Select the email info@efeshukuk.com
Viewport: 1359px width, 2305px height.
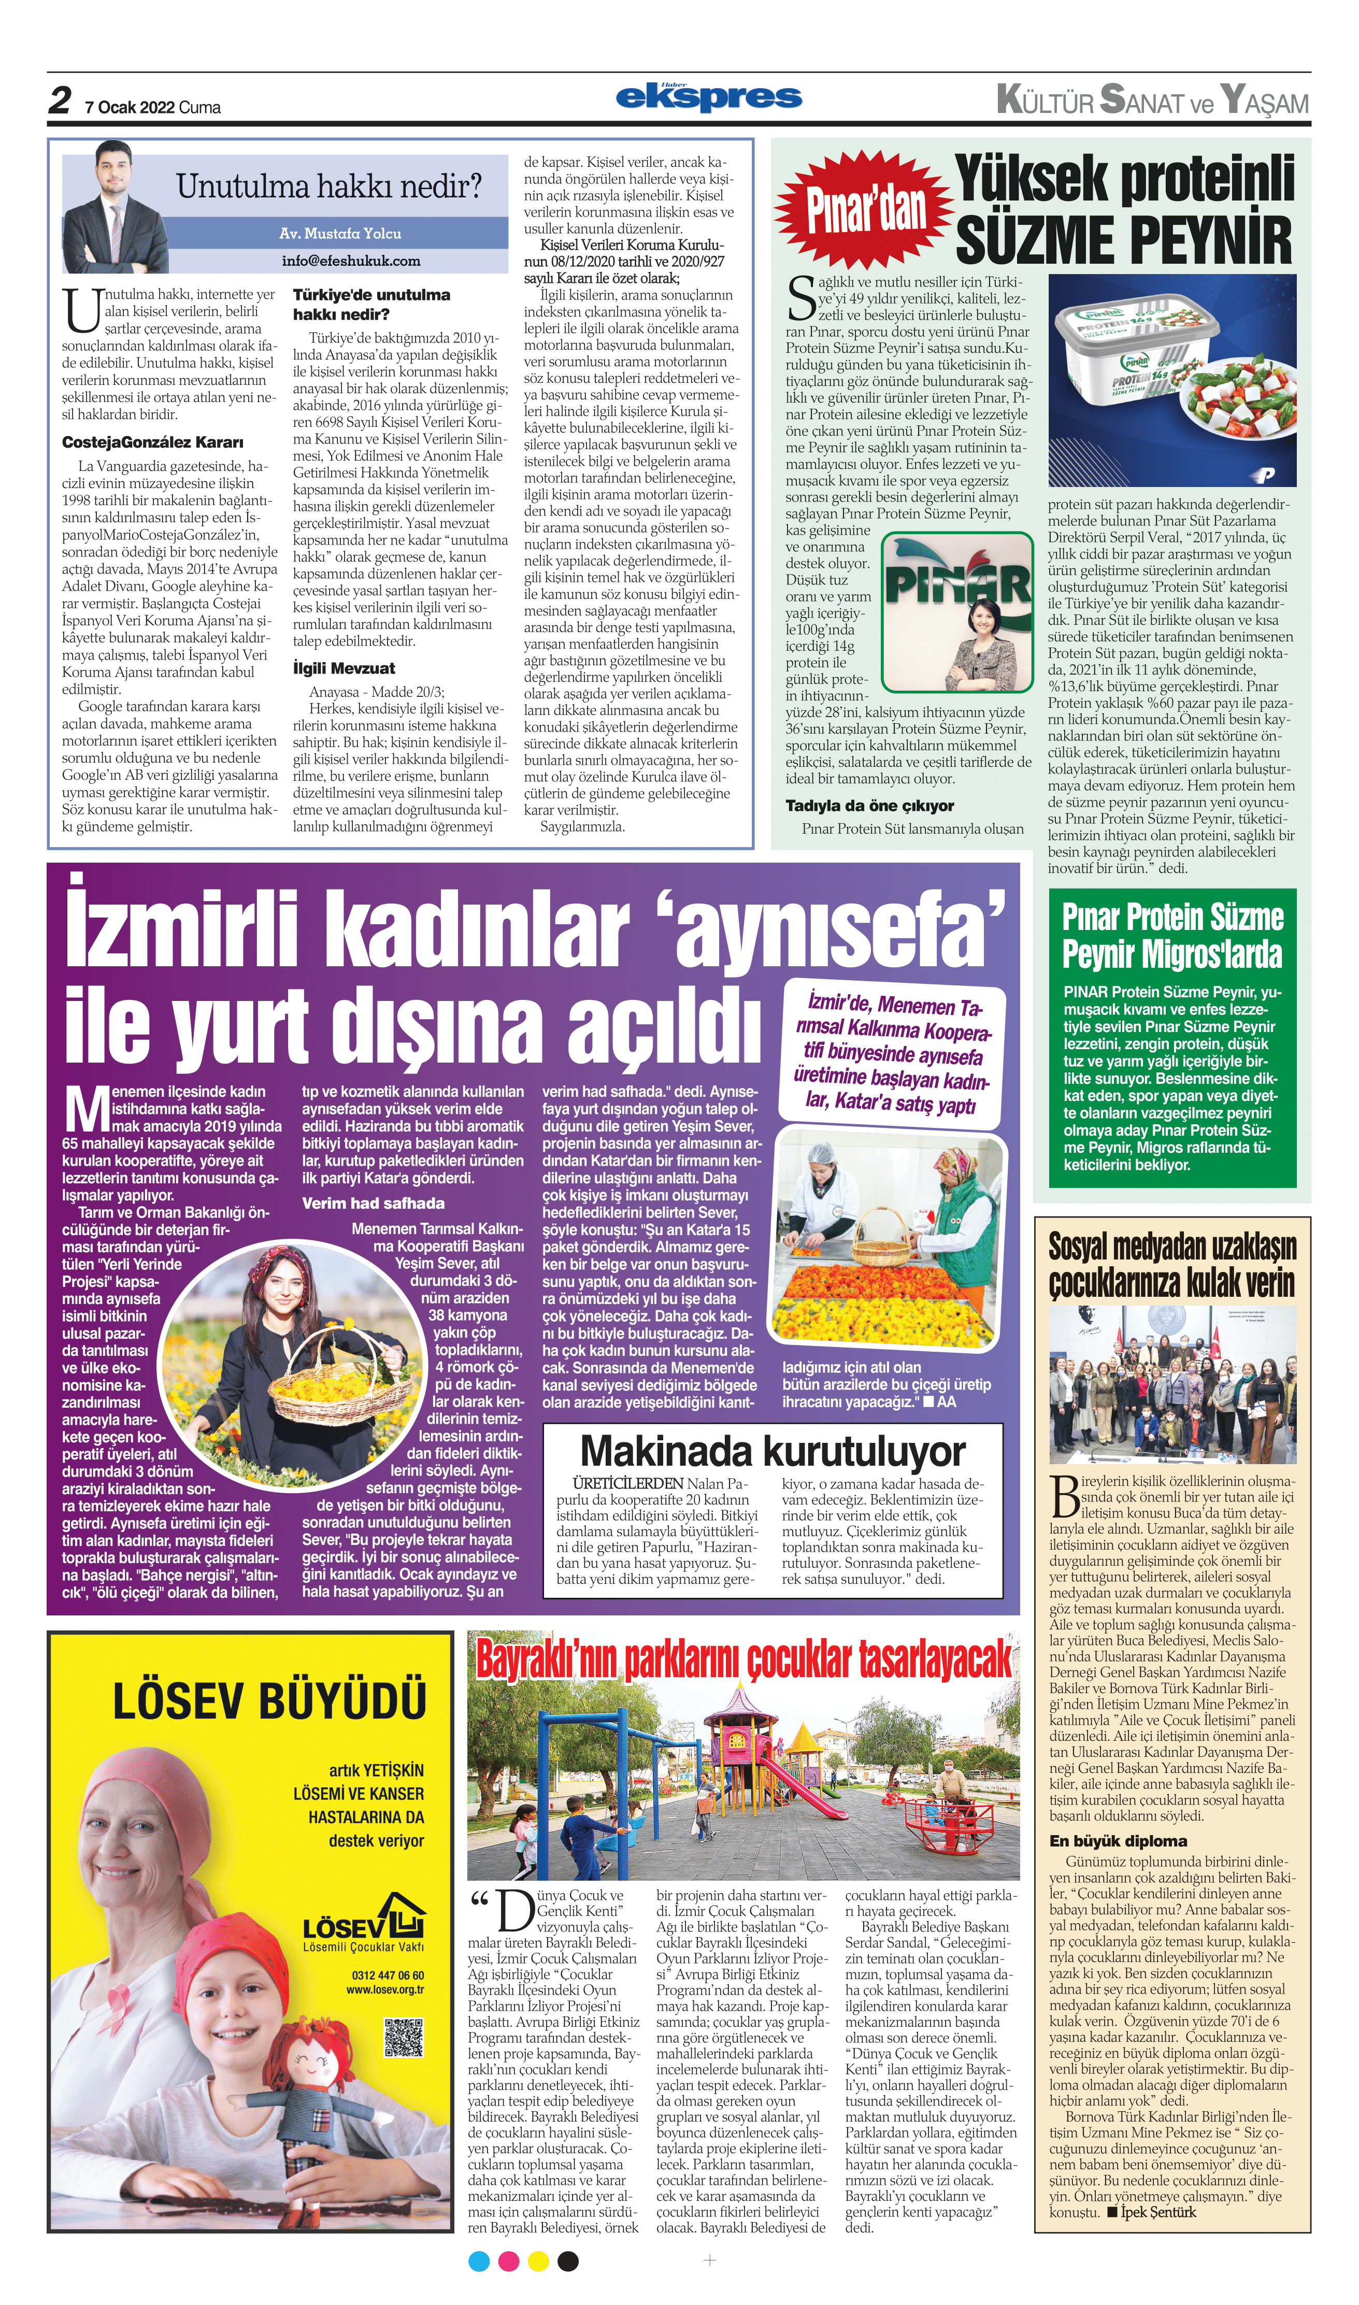tap(351, 260)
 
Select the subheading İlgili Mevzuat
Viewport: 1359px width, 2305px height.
tap(344, 668)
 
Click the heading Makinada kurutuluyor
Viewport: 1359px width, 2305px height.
tap(772, 1452)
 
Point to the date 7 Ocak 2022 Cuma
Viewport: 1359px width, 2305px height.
tap(152, 107)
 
